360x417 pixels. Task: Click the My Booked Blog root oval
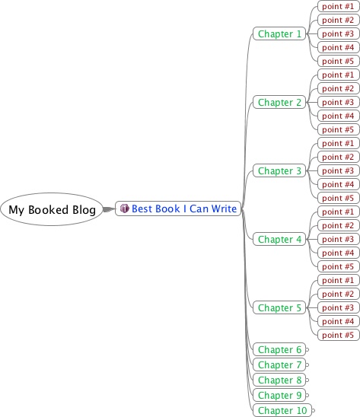click(52, 209)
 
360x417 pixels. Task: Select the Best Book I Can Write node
click(178, 208)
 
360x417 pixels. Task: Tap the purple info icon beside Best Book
click(125, 208)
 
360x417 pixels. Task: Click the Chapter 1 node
click(279, 33)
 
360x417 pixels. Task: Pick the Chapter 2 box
click(279, 102)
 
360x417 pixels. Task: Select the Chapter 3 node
click(279, 170)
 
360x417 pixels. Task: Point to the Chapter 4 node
click(279, 239)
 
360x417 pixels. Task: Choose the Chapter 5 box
click(279, 307)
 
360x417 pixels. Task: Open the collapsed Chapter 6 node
click(279, 349)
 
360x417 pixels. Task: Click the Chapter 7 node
click(279, 364)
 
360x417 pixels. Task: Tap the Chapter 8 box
click(279, 380)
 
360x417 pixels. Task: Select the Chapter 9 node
click(279, 395)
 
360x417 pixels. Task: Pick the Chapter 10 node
click(282, 410)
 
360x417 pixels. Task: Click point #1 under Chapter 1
click(339, 6)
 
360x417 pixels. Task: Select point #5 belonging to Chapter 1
click(339, 61)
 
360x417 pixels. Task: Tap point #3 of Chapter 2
click(339, 102)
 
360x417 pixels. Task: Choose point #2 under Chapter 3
click(339, 157)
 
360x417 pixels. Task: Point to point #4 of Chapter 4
click(339, 253)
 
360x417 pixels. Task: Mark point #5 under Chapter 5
click(339, 335)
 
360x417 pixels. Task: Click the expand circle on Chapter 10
click(314, 410)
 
